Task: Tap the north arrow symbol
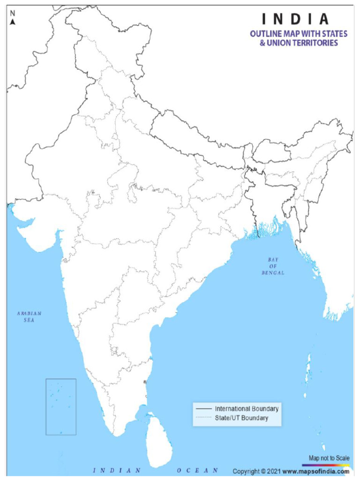pyautogui.click(x=13, y=22)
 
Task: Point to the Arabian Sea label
pyautogui.click(x=29, y=316)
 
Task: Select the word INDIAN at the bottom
pyautogui.click(x=117, y=470)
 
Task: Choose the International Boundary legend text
pyautogui.click(x=247, y=409)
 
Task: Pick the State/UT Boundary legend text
pyautogui.click(x=241, y=418)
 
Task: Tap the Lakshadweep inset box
pyautogui.click(x=61, y=406)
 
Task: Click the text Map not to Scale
pyautogui.click(x=329, y=457)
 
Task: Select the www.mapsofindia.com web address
pyautogui.click(x=316, y=471)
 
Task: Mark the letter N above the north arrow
pyautogui.click(x=13, y=13)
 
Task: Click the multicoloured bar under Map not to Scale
pyautogui.click(x=329, y=464)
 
